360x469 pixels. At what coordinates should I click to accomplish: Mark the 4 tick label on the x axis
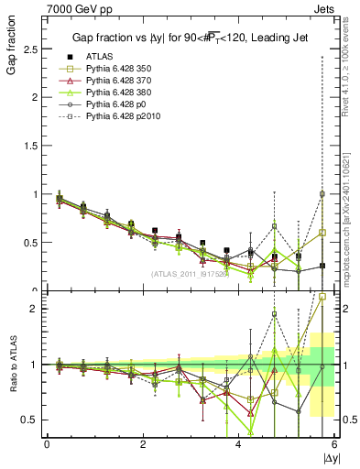pos(238,444)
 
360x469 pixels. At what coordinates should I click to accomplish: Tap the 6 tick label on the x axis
pos(333,444)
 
